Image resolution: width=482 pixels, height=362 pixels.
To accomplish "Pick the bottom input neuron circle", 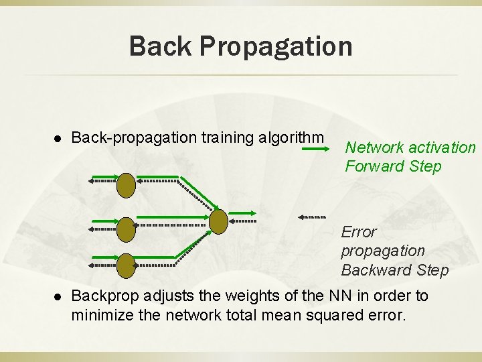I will (127, 265).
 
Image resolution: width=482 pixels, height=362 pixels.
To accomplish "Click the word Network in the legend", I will (376, 147).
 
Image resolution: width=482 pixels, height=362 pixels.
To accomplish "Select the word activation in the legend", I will (443, 147).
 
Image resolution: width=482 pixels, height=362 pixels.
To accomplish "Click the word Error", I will (359, 232).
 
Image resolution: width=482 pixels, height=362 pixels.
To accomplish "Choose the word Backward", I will (372, 270).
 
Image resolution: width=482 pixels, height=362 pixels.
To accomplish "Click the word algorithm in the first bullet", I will (291, 138).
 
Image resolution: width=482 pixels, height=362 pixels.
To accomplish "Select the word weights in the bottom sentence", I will (245, 296).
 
